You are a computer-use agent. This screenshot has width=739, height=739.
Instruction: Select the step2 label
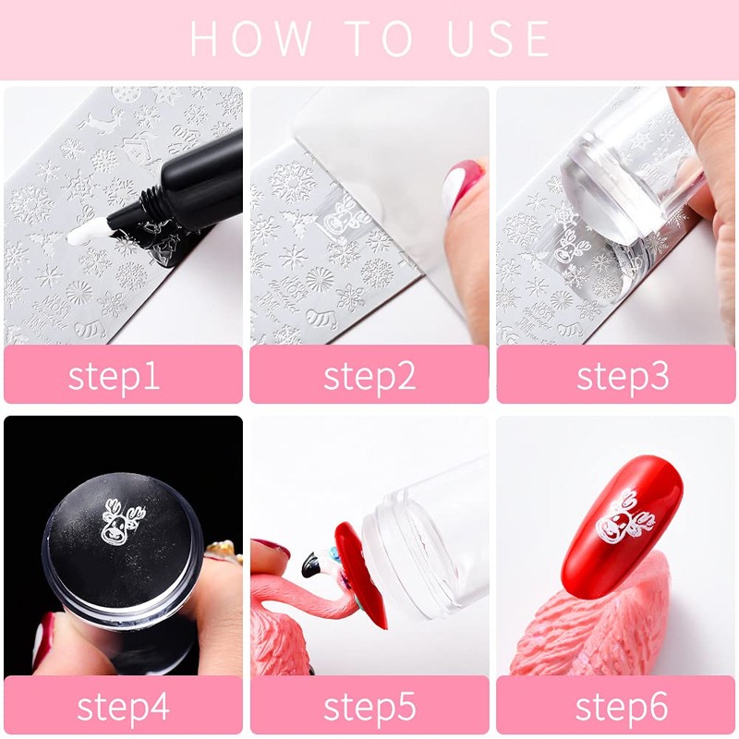(x=369, y=376)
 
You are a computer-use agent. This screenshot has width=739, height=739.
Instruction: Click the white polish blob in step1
(x=85, y=232)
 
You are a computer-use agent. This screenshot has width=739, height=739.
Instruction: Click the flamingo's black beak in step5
(x=311, y=564)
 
